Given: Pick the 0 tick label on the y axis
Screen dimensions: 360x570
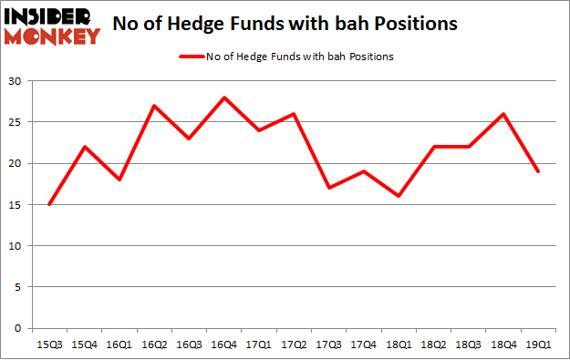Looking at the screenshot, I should point(20,328).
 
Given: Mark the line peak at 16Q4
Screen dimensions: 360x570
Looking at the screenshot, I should point(224,98).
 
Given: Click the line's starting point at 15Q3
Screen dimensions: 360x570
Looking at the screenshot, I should point(48,204).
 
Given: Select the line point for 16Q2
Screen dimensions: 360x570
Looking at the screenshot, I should point(154,106).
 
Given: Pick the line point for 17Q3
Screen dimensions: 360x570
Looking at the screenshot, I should point(329,188).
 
